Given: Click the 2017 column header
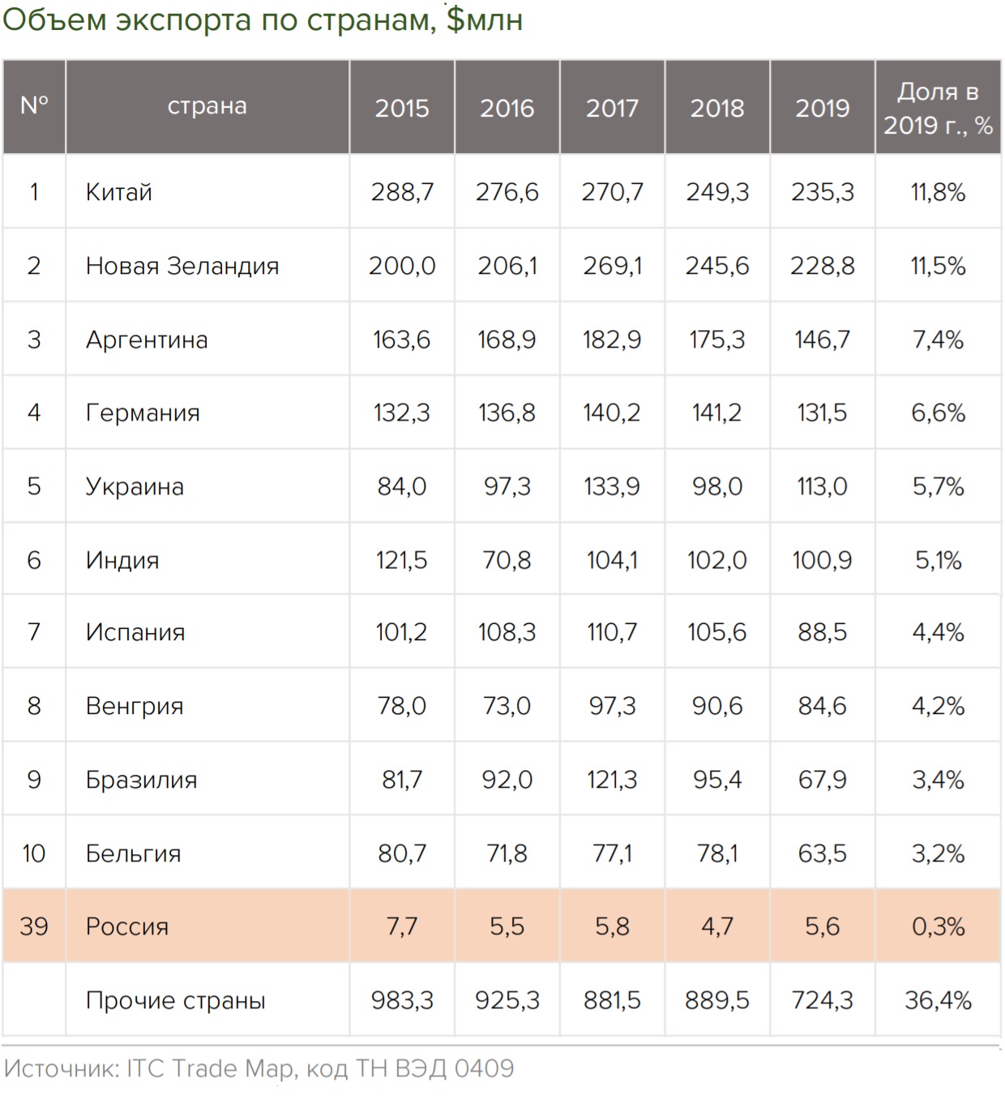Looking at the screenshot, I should tap(612, 108).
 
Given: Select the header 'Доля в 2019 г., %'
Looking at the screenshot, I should tap(938, 108).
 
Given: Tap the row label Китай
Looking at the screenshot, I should tap(119, 192).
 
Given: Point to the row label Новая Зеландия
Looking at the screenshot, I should tap(182, 266).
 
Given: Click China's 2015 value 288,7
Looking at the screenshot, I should tap(402, 192).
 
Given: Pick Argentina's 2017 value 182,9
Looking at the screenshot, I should tap(612, 340).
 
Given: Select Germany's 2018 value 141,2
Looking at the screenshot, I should tap(716, 413).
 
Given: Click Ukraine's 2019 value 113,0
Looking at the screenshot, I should tap(822, 486).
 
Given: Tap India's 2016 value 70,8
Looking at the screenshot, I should tap(507, 560).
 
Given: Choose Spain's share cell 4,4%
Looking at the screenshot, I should tap(938, 632).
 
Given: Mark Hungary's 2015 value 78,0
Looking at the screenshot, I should tap(402, 706).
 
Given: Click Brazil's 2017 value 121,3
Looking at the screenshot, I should tap(612, 780).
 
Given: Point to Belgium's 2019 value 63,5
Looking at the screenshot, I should tap(822, 853).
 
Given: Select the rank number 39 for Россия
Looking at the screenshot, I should tap(34, 926).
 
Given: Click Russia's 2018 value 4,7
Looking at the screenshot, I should tap(716, 926).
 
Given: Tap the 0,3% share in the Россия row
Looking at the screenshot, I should tap(938, 926).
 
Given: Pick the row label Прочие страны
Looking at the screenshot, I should tap(176, 1000).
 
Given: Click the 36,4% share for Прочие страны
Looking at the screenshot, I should tap(938, 1000).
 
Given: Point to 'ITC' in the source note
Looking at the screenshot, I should tap(145, 1068).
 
